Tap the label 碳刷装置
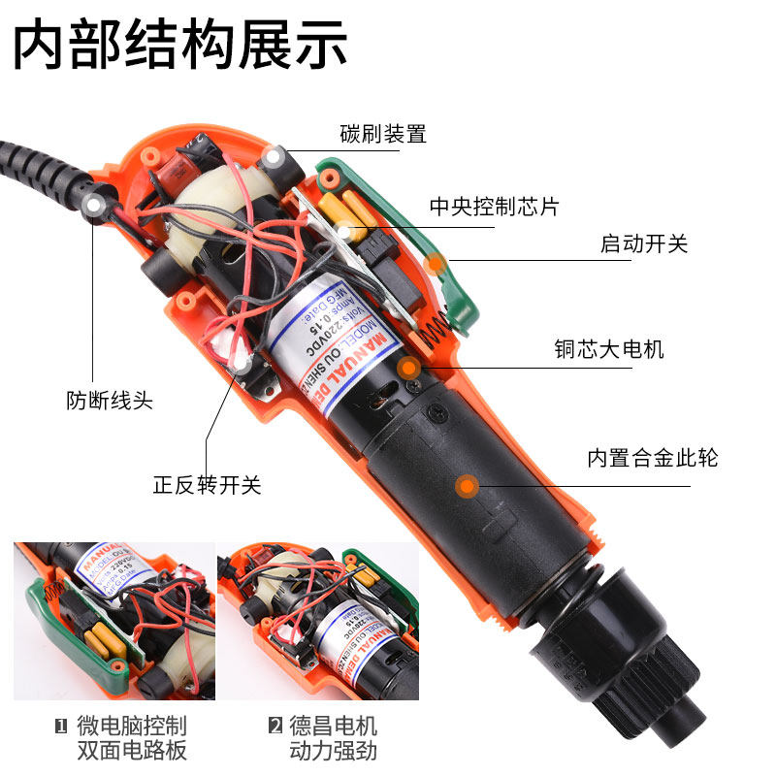tap(383, 134)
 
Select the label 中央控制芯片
tap(495, 208)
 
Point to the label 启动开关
tap(644, 243)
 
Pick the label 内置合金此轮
tap(653, 457)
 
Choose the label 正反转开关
tap(208, 485)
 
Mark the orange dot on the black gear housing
tap(468, 484)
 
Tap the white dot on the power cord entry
tap(94, 205)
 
